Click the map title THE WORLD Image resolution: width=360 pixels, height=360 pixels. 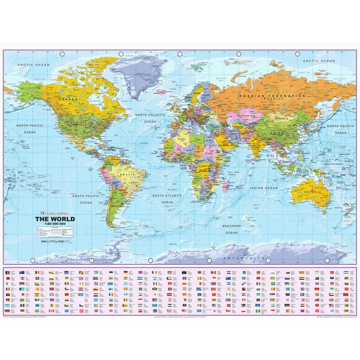tap(55, 219)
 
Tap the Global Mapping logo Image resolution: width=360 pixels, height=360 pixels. tap(52, 213)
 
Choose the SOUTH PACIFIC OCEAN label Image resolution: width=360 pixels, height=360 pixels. tap(85, 199)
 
